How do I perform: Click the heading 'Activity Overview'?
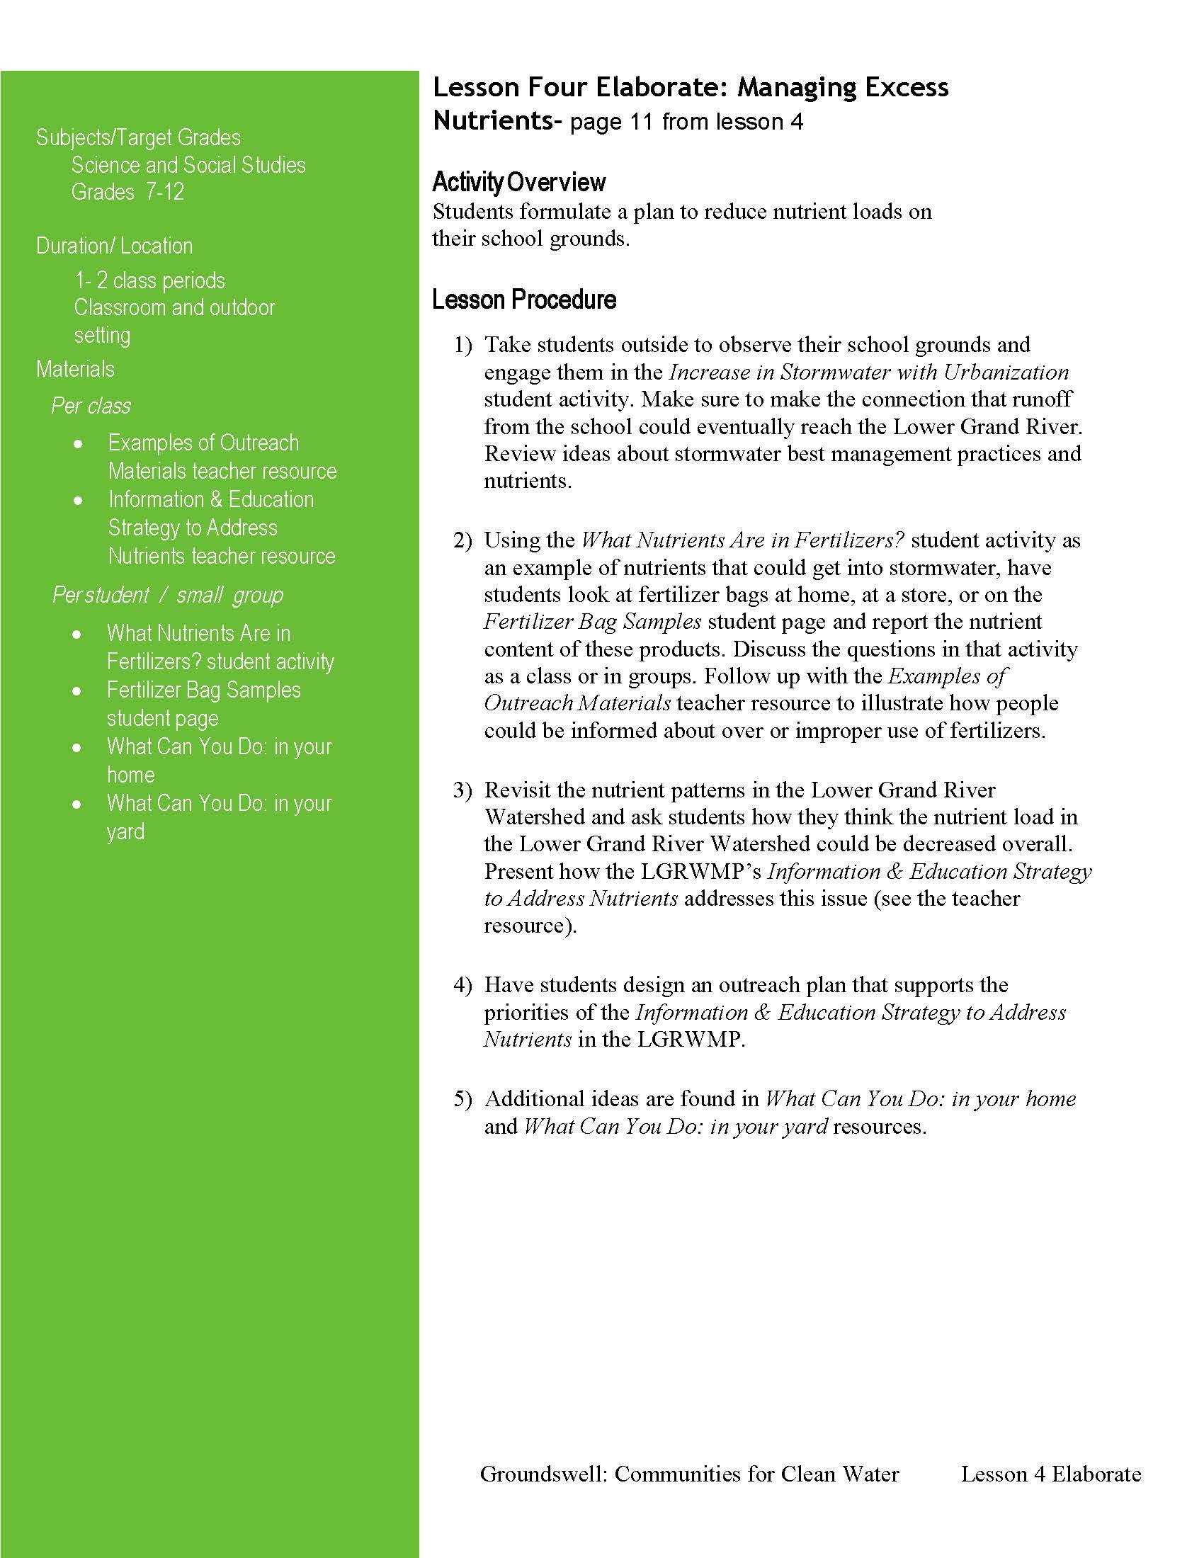coord(518,183)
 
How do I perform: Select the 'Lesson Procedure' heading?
coord(523,300)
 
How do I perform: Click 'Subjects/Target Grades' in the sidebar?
coord(138,137)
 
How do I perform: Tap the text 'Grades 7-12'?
coord(127,192)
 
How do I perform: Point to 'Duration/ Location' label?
coord(115,246)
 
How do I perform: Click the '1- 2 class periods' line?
coord(149,280)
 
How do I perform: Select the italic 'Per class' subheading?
coord(91,406)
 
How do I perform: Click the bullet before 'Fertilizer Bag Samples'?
coord(77,690)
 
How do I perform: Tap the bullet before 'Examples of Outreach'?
coord(78,444)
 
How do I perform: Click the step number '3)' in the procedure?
coord(462,790)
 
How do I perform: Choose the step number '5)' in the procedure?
coord(462,1098)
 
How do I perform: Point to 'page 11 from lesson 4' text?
coord(686,123)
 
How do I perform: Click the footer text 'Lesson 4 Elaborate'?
coord(1050,1474)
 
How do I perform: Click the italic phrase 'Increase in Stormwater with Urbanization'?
coord(868,373)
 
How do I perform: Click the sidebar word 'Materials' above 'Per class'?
coord(76,370)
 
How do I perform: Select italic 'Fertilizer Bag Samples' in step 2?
coord(593,622)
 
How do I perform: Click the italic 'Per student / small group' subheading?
coord(168,595)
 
